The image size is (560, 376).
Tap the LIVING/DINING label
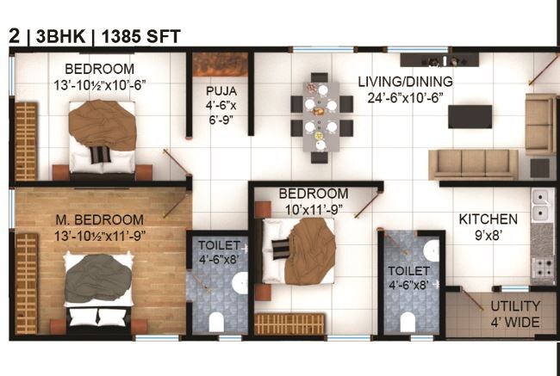tap(405, 82)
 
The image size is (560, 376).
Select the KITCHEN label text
tap(488, 219)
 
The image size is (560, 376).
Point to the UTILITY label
tap(515, 306)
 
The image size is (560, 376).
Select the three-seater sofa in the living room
tap(475, 163)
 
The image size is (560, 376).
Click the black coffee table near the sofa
tap(470, 116)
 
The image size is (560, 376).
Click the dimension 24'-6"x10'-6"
tap(405, 97)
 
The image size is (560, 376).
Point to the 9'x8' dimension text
tap(488, 235)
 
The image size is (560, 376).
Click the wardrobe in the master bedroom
tap(27, 281)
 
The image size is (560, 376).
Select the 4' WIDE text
tap(515, 323)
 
